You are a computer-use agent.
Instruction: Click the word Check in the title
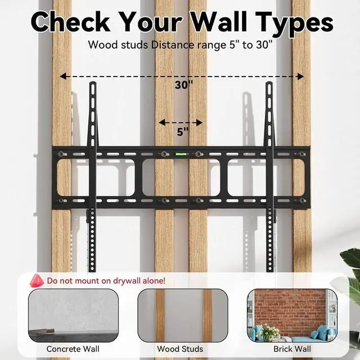71,21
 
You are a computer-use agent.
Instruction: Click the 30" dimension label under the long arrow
184,85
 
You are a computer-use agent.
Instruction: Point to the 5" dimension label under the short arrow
183,132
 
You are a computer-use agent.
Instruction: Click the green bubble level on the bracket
181,154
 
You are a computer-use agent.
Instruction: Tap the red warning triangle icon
37,281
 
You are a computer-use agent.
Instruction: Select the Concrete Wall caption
73,349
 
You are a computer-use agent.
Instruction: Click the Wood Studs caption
180,349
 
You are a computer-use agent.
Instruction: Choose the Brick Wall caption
292,349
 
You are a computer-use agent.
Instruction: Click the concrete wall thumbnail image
73,316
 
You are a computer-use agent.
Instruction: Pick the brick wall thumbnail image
292,316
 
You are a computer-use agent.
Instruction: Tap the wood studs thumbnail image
183,316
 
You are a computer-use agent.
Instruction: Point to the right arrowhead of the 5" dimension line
199,123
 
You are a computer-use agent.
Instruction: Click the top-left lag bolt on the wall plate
61,154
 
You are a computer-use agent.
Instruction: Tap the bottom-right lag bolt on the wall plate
301,201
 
